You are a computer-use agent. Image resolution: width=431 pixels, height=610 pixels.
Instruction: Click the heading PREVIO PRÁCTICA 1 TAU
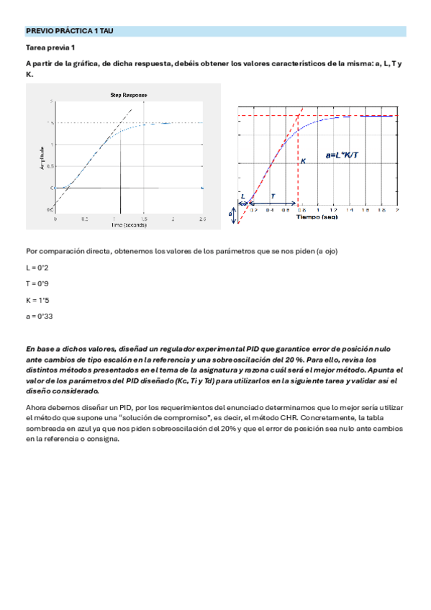point(69,32)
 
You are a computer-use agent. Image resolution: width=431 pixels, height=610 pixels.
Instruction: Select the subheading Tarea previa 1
point(50,47)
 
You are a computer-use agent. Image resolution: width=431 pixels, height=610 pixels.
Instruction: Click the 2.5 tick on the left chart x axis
point(202,218)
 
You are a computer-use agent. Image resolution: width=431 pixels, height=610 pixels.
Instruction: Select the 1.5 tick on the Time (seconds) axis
point(144,218)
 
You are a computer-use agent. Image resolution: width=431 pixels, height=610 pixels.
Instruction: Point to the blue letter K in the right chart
point(303,162)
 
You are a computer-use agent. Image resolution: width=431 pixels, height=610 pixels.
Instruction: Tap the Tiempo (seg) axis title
point(317,216)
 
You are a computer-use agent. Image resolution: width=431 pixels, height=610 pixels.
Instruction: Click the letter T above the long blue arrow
point(273,196)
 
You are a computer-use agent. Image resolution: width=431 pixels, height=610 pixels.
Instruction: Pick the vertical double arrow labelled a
point(232,214)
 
